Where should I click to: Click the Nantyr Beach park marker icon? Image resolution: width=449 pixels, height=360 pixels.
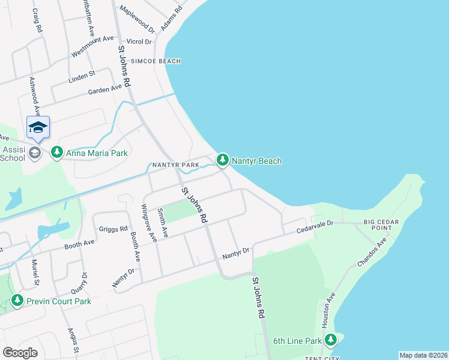pyautogui.click(x=223, y=160)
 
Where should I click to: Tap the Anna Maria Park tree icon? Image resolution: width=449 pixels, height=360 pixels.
pyautogui.click(x=57, y=152)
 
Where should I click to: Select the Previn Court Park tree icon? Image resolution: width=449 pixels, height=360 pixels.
pyautogui.click(x=18, y=301)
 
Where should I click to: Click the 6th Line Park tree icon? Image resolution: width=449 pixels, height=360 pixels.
pyautogui.click(x=330, y=340)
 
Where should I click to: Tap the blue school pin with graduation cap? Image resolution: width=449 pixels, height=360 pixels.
pyautogui.click(x=37, y=128)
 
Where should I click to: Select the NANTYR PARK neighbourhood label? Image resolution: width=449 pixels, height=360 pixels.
pyautogui.click(x=175, y=165)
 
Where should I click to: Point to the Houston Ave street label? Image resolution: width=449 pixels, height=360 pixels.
pyautogui.click(x=331, y=310)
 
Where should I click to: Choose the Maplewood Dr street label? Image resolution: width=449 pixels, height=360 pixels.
pyautogui.click(x=137, y=20)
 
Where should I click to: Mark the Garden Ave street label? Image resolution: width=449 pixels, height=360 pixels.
pyautogui.click(x=105, y=90)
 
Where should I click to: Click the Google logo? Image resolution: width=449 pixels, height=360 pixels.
pyautogui.click(x=20, y=353)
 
